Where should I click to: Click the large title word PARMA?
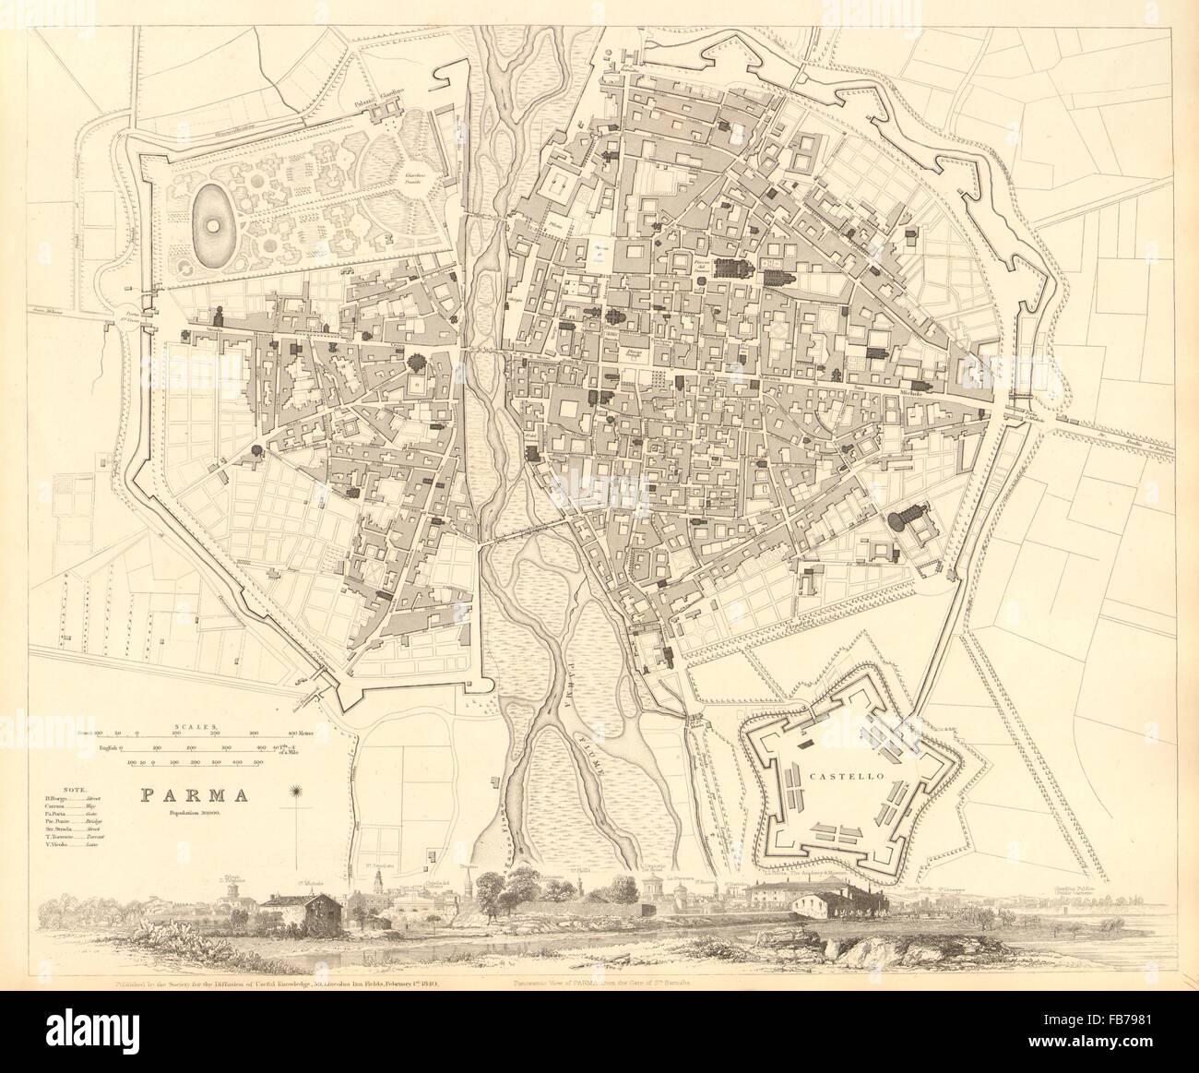point(183,795)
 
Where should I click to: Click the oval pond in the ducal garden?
point(214,224)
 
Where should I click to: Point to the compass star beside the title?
point(297,792)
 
